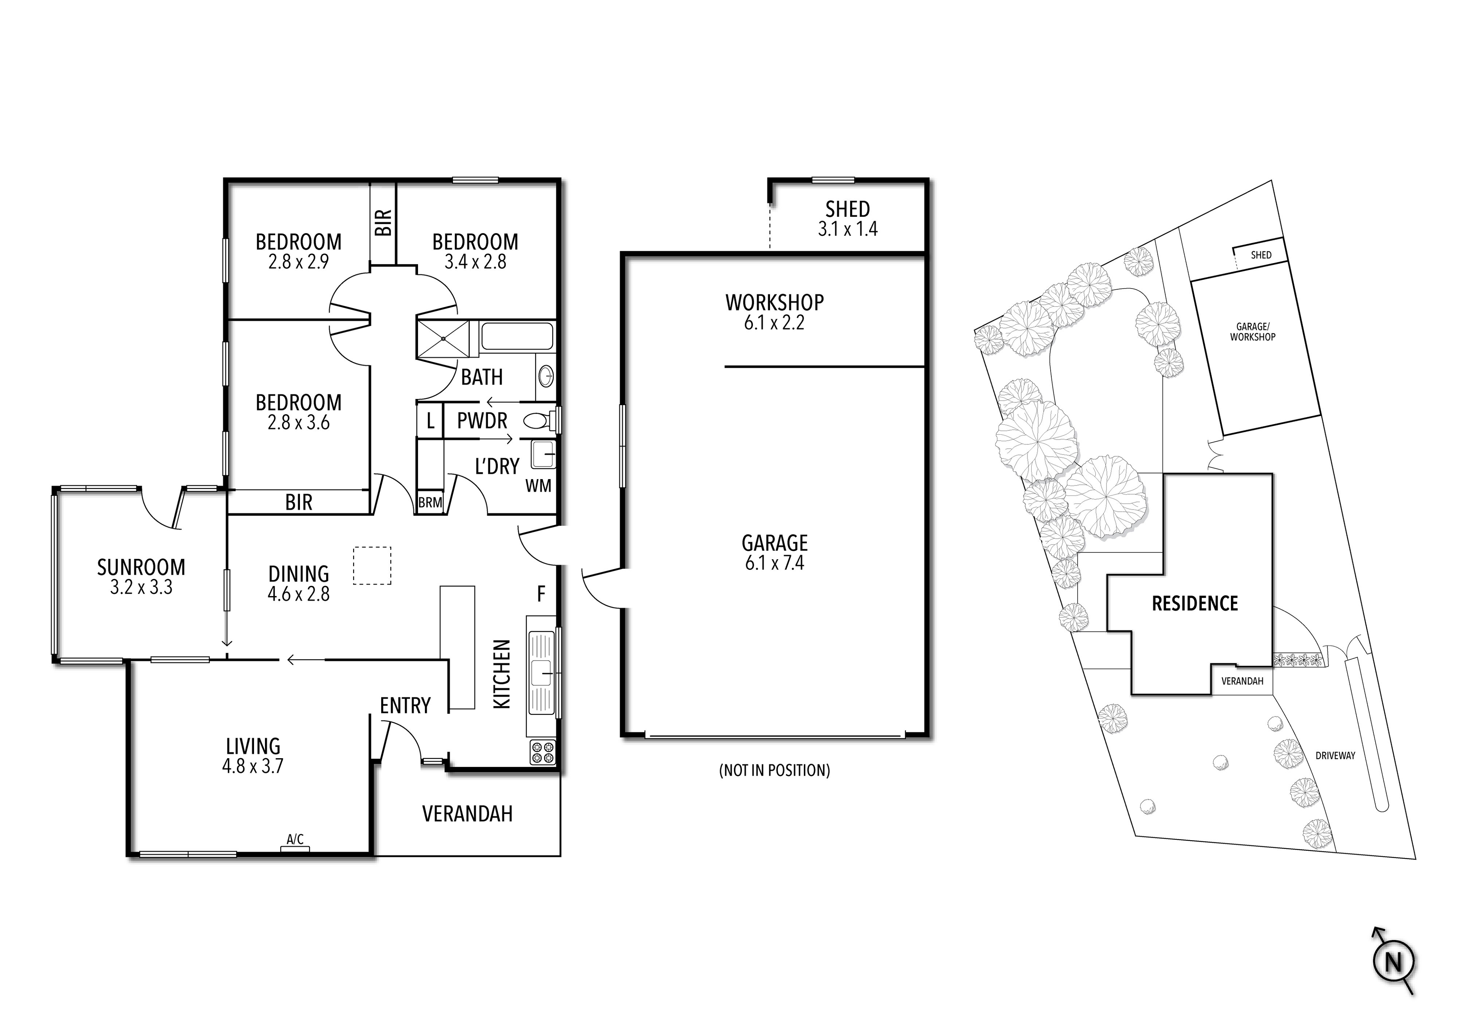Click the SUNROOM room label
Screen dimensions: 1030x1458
tap(141, 566)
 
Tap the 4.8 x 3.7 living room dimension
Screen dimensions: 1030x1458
tap(253, 766)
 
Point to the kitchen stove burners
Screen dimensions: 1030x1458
tap(542, 752)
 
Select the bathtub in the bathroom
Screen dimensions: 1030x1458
tap(516, 336)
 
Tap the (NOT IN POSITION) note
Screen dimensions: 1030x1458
tap(774, 770)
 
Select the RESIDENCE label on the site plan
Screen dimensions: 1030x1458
tap(1194, 603)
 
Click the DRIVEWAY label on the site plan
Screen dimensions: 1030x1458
tap(1335, 756)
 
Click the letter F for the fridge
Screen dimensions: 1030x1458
tap(541, 594)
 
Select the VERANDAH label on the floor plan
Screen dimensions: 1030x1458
tap(467, 814)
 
